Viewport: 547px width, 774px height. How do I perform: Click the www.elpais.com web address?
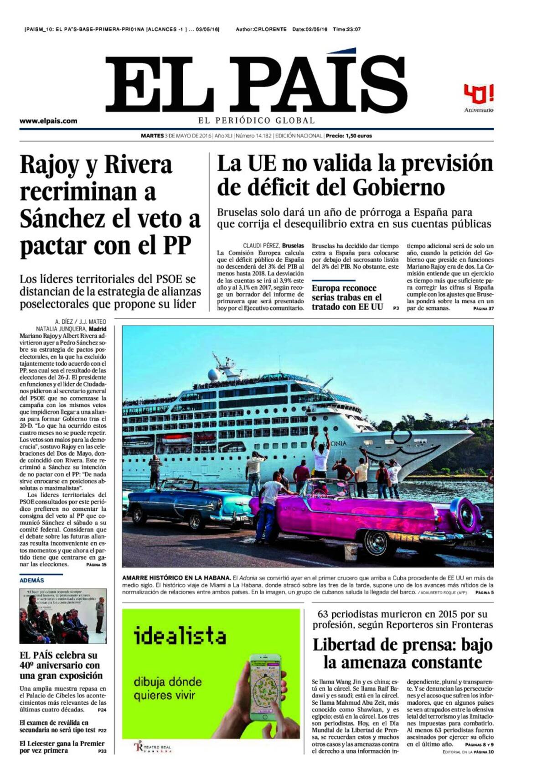(x=48, y=121)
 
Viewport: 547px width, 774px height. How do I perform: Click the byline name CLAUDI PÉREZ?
(x=261, y=245)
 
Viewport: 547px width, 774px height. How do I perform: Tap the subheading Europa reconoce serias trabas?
(x=347, y=297)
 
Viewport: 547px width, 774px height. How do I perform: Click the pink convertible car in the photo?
(x=374, y=515)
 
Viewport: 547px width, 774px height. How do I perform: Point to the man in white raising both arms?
(x=321, y=452)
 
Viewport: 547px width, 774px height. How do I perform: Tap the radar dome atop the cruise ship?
(x=213, y=375)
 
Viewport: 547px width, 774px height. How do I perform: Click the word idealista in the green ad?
(x=180, y=636)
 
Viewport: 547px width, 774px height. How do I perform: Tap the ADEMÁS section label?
(x=32, y=580)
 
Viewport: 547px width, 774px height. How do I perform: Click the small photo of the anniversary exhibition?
(x=63, y=616)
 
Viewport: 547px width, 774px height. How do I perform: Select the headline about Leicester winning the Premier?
(x=62, y=747)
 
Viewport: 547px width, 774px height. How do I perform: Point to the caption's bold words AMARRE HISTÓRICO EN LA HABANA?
(x=176, y=578)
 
